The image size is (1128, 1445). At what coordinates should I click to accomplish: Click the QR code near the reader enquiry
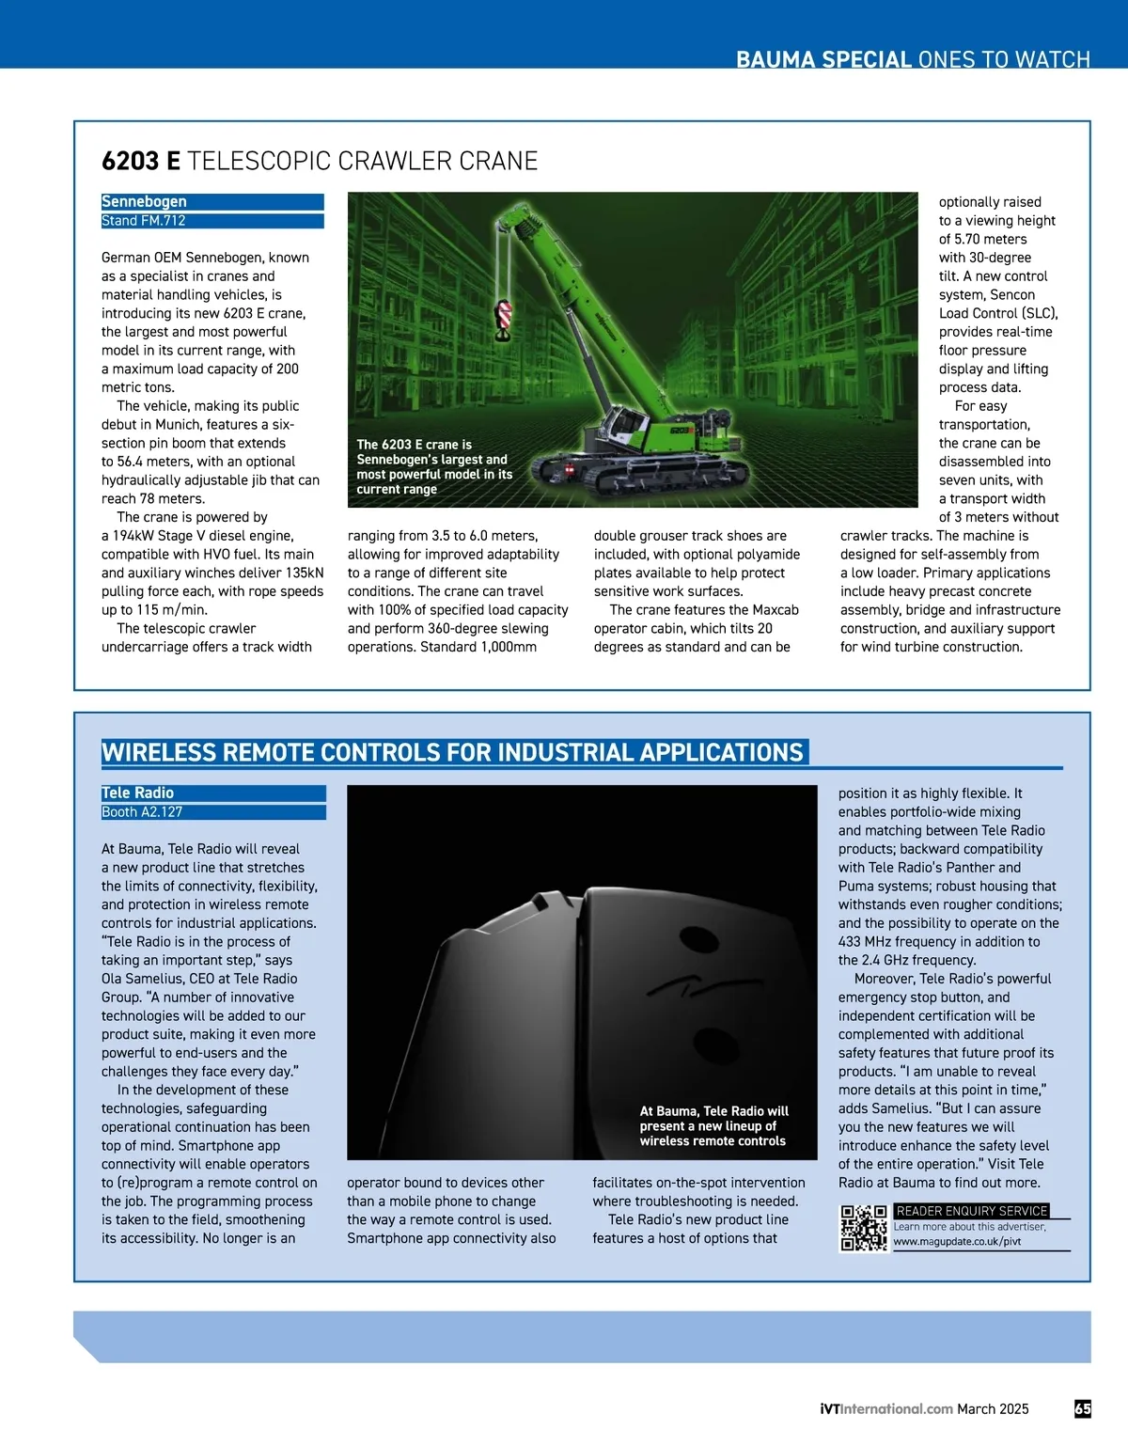pos(863,1229)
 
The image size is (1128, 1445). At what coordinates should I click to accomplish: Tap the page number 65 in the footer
pos(1082,1408)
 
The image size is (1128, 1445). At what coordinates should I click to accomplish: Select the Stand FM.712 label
pos(144,221)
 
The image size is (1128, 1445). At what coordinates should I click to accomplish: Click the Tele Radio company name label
pos(137,793)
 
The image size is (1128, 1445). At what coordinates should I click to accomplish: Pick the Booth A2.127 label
pos(142,812)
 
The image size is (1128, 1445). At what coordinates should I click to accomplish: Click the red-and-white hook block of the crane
pos(504,319)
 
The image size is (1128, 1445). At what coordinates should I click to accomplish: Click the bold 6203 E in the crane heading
pos(141,161)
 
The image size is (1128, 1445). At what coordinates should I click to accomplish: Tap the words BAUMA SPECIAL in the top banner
pos(823,59)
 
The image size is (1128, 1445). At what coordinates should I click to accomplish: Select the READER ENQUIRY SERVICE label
pos(971,1211)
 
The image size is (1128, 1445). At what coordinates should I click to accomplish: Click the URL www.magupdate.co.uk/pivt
pos(957,1242)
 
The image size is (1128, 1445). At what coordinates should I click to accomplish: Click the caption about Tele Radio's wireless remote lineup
pos(713,1125)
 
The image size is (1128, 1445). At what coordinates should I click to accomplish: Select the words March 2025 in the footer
pos(993,1408)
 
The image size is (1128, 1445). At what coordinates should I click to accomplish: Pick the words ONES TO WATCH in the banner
pos(1004,59)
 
